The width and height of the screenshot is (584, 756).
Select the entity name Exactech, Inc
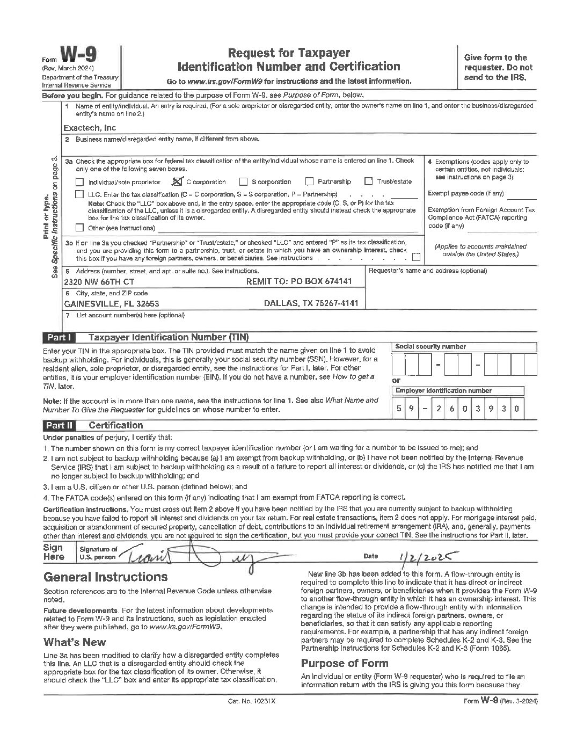point(89,128)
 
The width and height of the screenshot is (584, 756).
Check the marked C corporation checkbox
point(178,181)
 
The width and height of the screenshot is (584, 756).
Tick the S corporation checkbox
point(243,181)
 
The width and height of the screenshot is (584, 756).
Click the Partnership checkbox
point(309,181)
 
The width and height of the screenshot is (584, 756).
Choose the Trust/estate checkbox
point(369,181)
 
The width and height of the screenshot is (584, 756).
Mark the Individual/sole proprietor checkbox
point(79,182)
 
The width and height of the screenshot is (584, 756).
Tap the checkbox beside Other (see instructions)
point(79,227)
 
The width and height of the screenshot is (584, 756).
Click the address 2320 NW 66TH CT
point(99,281)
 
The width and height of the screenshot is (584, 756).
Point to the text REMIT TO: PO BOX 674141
point(298,281)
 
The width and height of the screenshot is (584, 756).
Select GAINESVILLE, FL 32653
point(111,303)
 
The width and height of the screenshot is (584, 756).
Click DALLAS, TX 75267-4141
point(311,303)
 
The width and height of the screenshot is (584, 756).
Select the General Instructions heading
point(105,577)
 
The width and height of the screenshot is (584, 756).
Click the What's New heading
point(75,642)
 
